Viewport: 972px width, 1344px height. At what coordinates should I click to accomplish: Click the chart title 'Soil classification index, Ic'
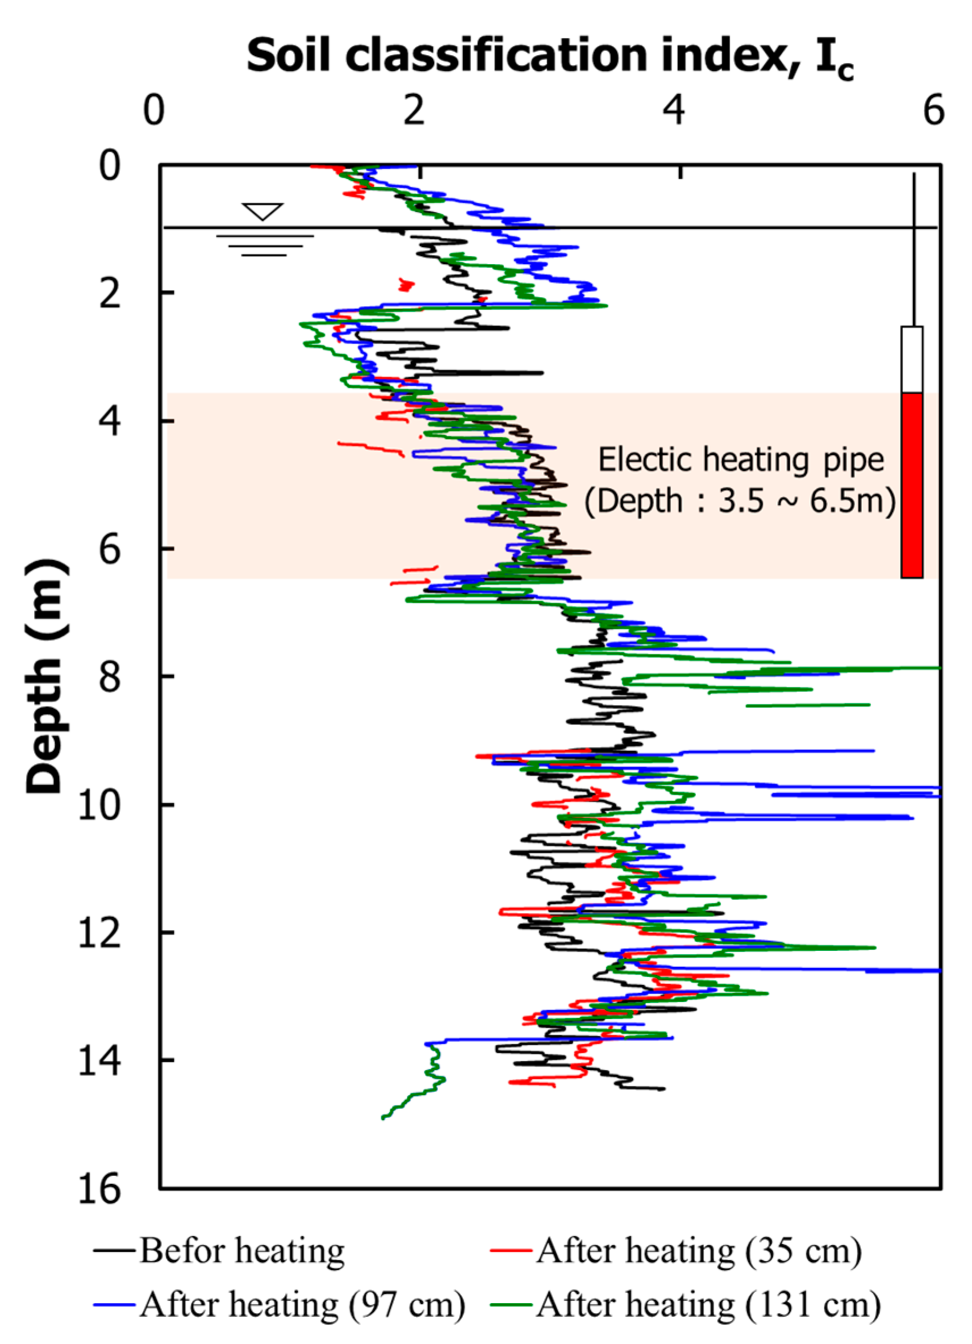549,56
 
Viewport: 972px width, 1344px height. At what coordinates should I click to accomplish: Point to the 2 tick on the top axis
414,110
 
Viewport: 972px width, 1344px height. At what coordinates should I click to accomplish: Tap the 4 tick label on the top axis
674,110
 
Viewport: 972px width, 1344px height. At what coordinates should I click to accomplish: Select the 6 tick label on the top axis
933,110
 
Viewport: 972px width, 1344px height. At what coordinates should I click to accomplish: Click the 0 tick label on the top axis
153,110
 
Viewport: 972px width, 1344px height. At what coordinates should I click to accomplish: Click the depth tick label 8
110,676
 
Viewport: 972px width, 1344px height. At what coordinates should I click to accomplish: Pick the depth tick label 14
99,1060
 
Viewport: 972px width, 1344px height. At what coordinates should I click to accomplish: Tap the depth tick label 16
99,1189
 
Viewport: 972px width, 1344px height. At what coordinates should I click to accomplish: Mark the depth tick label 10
99,805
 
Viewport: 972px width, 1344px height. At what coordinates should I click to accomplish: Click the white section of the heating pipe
912,359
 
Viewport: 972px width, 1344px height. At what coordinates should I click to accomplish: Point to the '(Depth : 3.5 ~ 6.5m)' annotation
740,501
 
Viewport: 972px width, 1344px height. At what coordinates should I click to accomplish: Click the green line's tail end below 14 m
384,1117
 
